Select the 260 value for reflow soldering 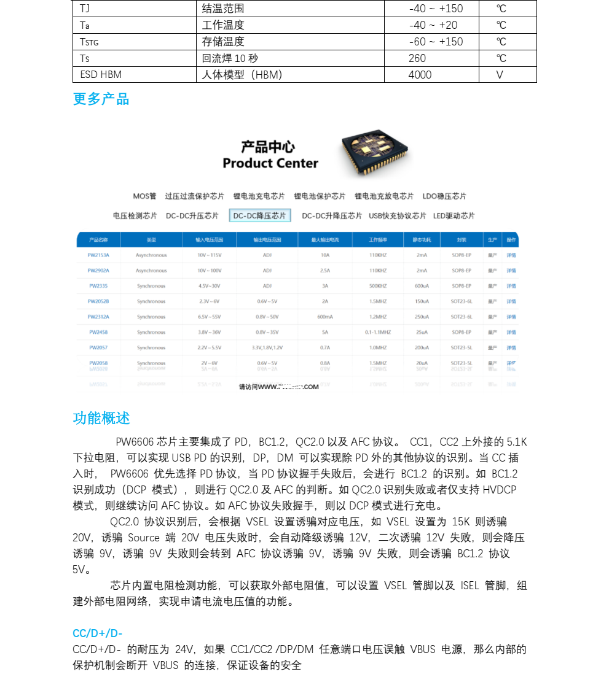[417, 58]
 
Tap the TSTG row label [89, 42]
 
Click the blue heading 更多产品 [101, 99]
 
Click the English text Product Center [270, 163]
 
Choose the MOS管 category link [144, 196]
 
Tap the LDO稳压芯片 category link [444, 196]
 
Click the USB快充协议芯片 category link [397, 216]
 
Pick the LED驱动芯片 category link [454, 216]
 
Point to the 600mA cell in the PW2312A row [325, 317]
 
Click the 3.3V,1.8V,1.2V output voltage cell [267, 348]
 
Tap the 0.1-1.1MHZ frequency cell [377, 332]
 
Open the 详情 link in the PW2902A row [511, 271]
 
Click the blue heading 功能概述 [101, 419]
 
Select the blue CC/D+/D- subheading [98, 633]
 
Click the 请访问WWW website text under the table [279, 387]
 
